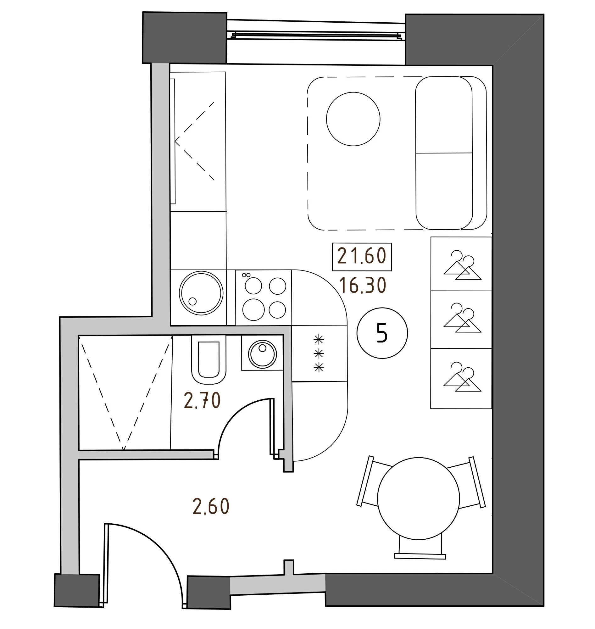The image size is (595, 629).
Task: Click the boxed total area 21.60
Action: click(362, 257)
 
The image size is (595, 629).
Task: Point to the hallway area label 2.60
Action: click(211, 507)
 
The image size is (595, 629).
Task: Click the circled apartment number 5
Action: click(382, 333)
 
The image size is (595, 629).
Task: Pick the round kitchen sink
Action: click(201, 293)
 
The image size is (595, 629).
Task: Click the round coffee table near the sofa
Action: click(353, 119)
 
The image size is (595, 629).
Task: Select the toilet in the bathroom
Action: click(209, 359)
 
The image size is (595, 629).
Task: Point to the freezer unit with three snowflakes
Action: click(320, 354)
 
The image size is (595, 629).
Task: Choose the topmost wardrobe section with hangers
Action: click(461, 264)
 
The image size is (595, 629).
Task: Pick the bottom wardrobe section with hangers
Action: click(461, 378)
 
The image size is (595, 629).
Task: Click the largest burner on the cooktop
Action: click(253, 309)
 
